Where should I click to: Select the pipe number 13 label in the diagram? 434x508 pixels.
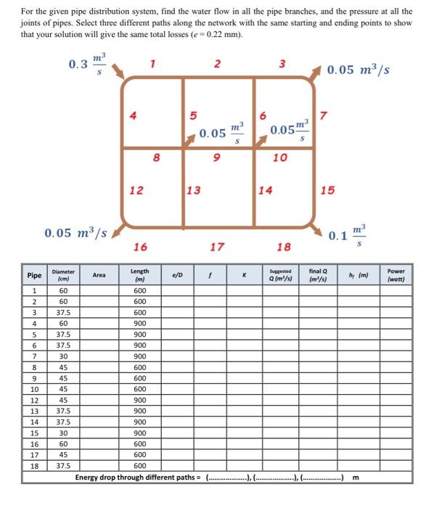tap(194, 190)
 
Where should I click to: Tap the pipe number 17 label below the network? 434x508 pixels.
tap(217, 247)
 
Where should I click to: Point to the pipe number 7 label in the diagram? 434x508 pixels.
tap(324, 116)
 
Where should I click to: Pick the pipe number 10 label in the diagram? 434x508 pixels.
tap(280, 157)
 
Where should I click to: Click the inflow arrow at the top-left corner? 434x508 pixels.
tap(118, 70)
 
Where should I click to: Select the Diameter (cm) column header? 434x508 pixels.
tap(63, 275)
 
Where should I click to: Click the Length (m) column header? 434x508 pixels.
tap(139, 275)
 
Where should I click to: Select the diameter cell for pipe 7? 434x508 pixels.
tap(63, 356)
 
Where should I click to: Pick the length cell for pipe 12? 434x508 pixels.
tap(139, 400)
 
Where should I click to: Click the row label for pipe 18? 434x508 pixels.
tap(34, 466)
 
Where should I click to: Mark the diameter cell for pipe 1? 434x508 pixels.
tap(63, 290)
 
